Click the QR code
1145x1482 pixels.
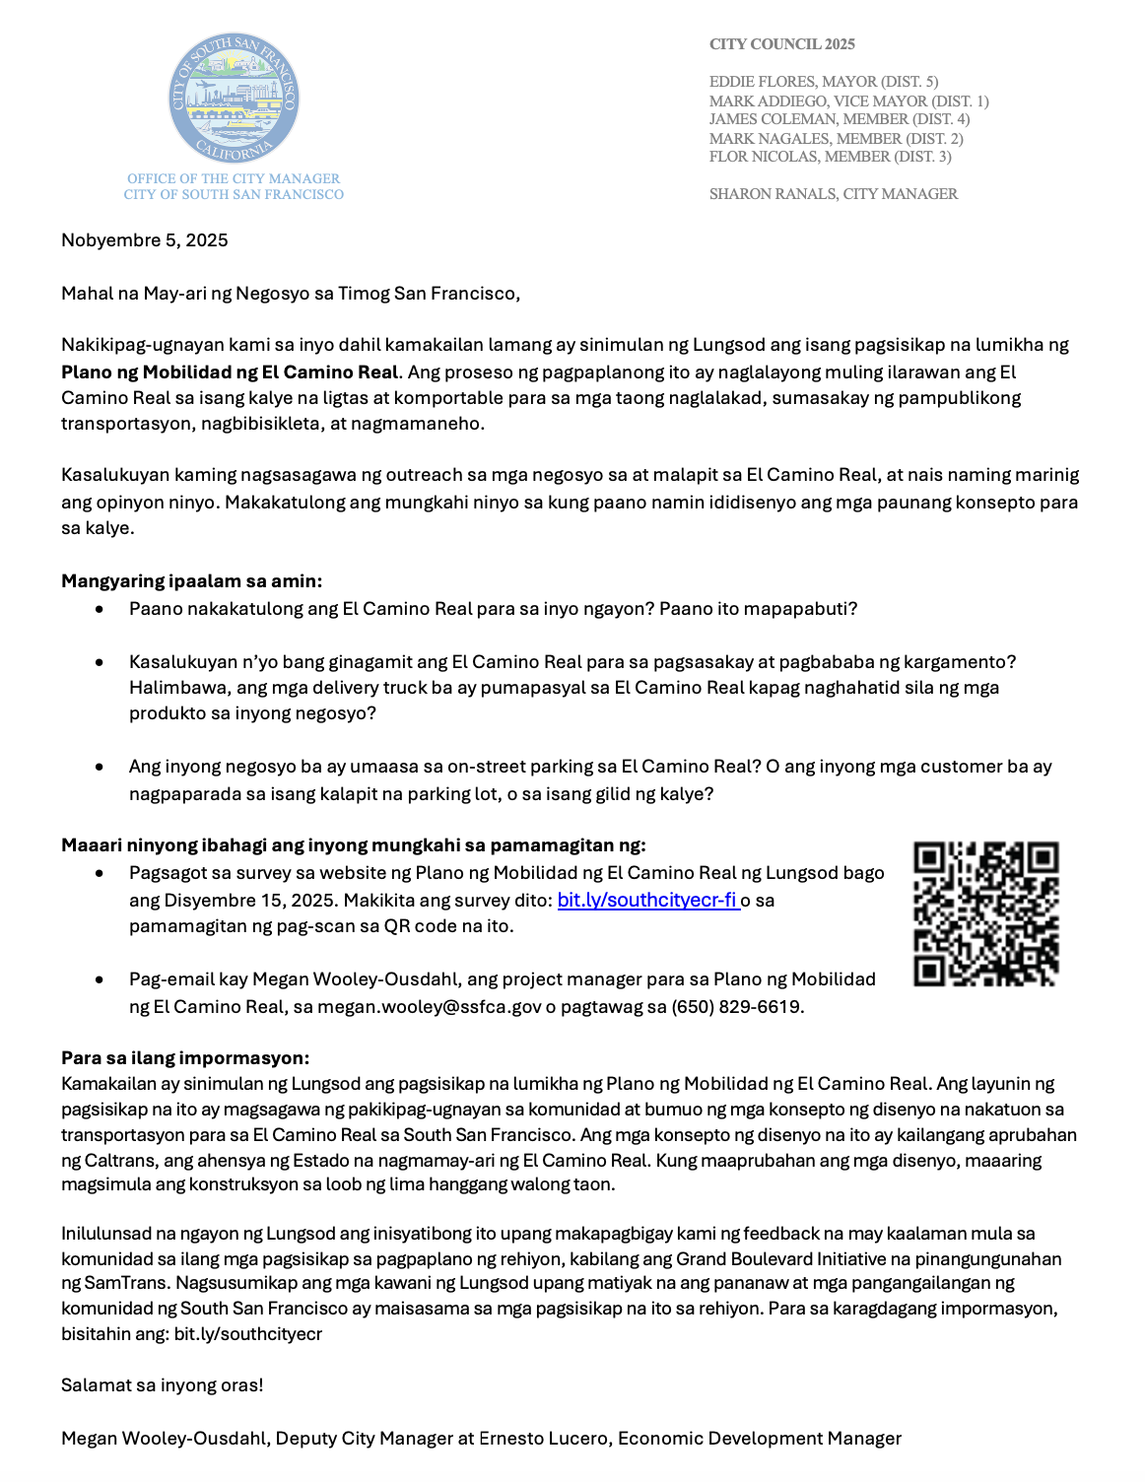[x=985, y=913]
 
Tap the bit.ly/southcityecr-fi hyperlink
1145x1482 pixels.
[x=647, y=900]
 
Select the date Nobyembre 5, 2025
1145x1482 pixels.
[x=145, y=240]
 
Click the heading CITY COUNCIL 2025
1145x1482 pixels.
[x=781, y=44]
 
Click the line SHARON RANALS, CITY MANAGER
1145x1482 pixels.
[x=833, y=194]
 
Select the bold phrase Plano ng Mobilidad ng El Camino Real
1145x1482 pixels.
[x=230, y=372]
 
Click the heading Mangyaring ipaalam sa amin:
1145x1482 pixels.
[x=191, y=581]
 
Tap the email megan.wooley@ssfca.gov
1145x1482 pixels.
[x=430, y=1007]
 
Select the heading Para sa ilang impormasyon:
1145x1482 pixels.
[x=185, y=1058]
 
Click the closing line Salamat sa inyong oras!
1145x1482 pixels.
[x=163, y=1385]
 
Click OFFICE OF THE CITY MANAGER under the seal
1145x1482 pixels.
[x=234, y=178]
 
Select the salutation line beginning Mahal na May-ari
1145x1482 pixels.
[x=291, y=294]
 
